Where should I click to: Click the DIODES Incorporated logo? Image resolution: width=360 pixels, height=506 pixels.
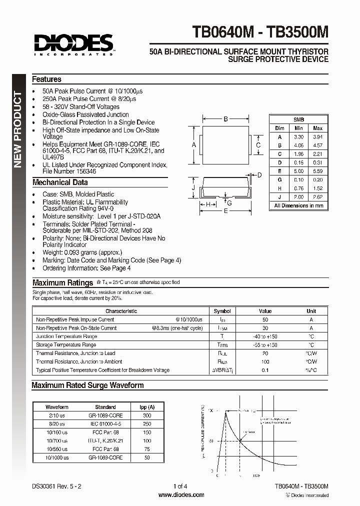74,43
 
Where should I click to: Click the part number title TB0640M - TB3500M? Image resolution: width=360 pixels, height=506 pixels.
260,33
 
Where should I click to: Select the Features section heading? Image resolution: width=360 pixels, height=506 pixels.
46,79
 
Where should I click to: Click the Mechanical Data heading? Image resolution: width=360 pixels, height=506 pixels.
60,182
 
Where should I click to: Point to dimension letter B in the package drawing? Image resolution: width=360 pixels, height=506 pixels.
226,119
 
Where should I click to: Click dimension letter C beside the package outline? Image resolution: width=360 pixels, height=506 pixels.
258,145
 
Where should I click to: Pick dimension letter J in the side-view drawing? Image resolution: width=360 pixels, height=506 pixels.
193,187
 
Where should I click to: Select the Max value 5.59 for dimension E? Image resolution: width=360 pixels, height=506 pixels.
317,170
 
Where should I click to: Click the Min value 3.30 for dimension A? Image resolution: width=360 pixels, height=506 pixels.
298,136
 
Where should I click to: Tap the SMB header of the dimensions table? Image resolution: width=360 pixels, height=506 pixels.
298,120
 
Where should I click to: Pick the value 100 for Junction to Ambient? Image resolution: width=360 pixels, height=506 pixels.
265,361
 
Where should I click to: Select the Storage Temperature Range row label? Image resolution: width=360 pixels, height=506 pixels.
66,345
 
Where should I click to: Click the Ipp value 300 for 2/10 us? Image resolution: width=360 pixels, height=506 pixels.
147,415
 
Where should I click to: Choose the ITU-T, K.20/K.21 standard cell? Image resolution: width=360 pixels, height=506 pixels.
105,441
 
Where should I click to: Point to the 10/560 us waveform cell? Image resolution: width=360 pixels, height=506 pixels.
56,449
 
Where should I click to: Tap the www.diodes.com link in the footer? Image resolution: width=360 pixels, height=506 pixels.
181,494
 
